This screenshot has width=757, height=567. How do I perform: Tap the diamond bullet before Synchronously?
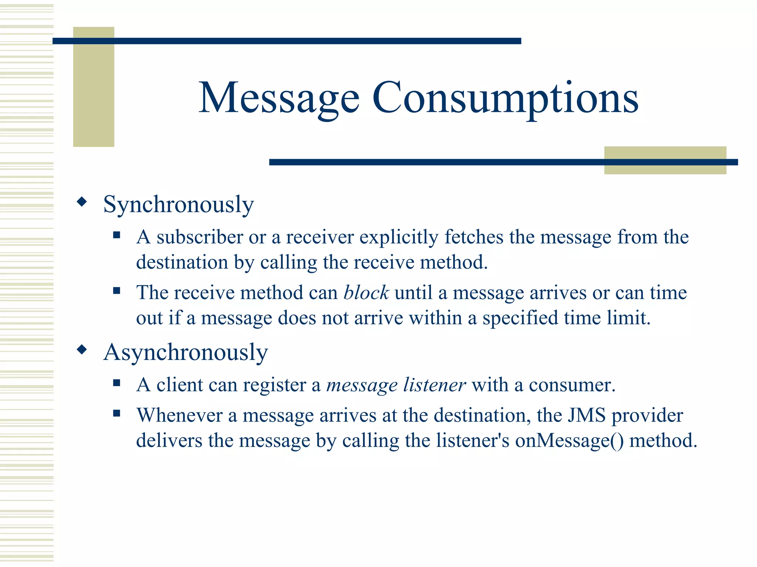click(x=82, y=202)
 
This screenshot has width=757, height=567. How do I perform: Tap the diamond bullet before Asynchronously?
click(x=82, y=350)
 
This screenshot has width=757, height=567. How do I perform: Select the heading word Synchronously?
click(x=179, y=205)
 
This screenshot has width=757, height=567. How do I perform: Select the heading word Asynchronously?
click(x=186, y=353)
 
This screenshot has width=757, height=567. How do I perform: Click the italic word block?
click(x=366, y=293)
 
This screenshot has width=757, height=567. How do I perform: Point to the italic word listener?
click(x=434, y=385)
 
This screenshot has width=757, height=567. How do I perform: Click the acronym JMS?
click(x=587, y=415)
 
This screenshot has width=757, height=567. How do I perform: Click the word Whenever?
click(x=179, y=415)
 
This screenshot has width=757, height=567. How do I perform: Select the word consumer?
click(x=572, y=385)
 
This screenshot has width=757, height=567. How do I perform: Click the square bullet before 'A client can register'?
click(x=117, y=383)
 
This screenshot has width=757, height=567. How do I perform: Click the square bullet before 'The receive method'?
click(x=117, y=291)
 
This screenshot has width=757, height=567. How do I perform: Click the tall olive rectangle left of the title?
click(x=94, y=87)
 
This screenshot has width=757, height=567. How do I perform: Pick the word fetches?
click(x=473, y=237)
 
